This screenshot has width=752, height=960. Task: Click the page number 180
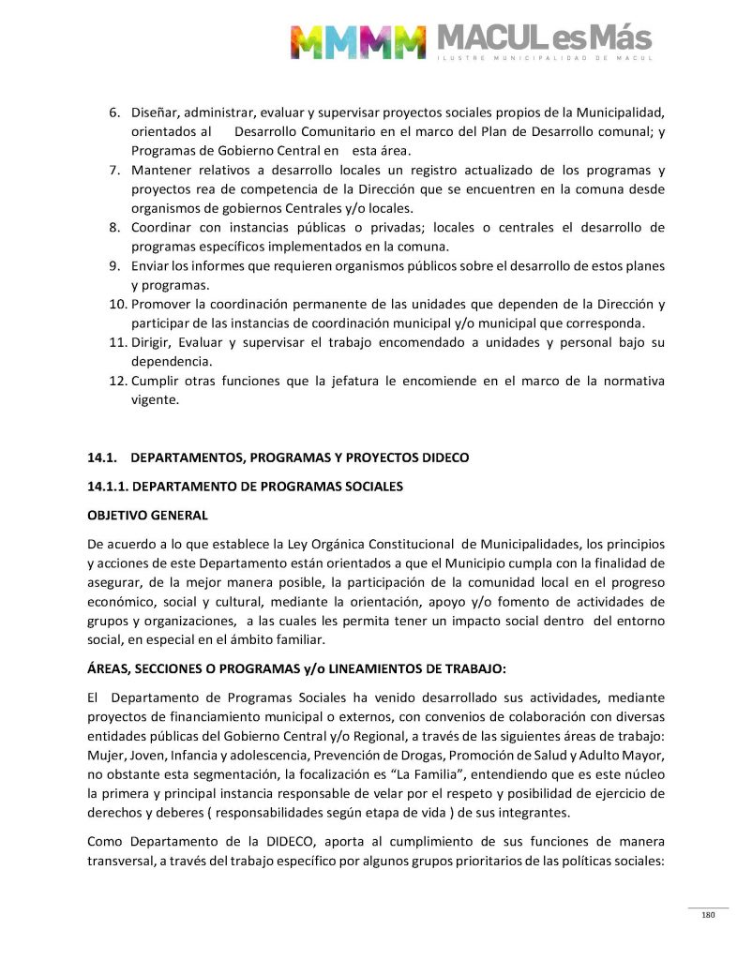pyautogui.click(x=708, y=915)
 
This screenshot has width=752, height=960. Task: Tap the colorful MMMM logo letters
pyautogui.click(x=358, y=41)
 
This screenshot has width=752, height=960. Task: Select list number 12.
pyautogui.click(x=114, y=381)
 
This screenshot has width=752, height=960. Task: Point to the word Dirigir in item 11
pyautogui.click(x=151, y=342)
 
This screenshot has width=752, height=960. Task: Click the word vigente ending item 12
pyautogui.click(x=154, y=399)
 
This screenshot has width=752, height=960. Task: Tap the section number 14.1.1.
pyautogui.click(x=112, y=487)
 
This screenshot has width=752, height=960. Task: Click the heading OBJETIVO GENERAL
pyautogui.click(x=147, y=516)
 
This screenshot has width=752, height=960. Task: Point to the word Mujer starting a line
pyautogui.click(x=104, y=755)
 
